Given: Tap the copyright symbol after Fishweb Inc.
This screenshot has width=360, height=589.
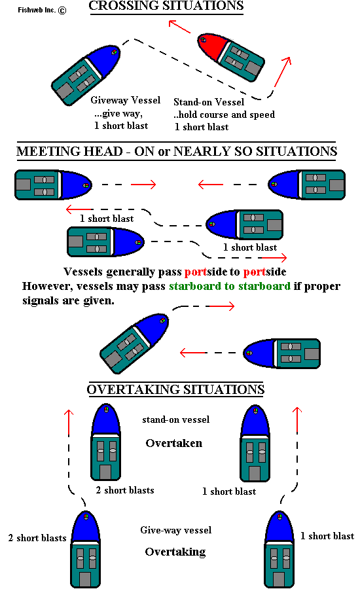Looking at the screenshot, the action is (62, 10).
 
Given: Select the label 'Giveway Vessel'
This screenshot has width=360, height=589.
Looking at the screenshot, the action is (126, 100).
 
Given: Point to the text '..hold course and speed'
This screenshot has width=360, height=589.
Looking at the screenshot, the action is (225, 115).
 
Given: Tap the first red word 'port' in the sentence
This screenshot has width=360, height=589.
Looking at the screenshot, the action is (196, 272).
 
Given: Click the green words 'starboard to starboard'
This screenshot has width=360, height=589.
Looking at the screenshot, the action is (230, 286).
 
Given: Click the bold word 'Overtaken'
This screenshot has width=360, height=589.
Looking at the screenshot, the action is (174, 443).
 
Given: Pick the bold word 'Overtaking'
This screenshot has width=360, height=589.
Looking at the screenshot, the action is (175, 552).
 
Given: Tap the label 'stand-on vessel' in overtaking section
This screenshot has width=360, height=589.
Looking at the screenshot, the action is (176, 419).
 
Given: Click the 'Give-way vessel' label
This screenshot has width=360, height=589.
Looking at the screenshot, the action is (176, 530).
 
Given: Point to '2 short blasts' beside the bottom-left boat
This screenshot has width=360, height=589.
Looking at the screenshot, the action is (37, 538).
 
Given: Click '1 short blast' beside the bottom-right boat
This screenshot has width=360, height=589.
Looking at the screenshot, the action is (327, 536).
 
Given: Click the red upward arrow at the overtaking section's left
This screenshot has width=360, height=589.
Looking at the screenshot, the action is (68, 423).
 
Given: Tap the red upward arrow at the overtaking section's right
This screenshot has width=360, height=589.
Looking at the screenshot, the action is (297, 420).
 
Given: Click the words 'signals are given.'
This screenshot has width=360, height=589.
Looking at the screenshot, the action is (68, 301).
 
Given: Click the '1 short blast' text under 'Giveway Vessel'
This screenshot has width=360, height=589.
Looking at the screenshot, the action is (121, 126).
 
